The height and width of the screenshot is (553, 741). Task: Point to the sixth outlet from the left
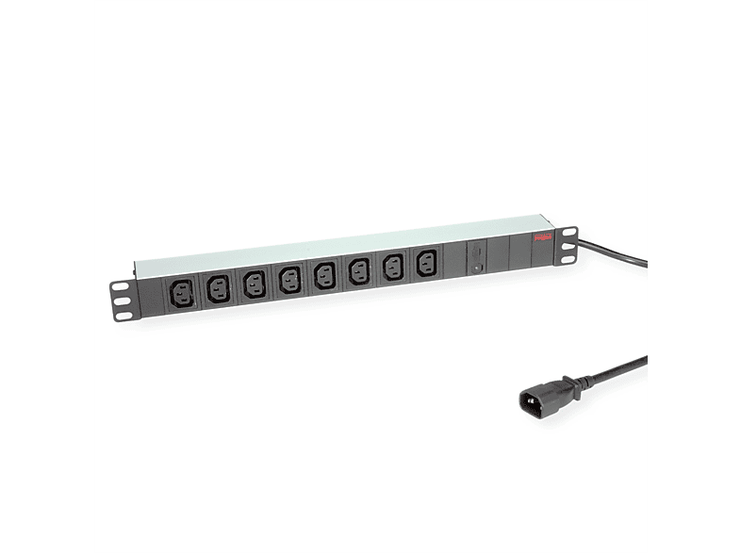pyautogui.click(x=358, y=270)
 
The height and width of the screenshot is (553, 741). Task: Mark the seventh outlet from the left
pyautogui.click(x=392, y=267)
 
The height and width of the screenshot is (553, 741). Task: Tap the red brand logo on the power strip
pyautogui.click(x=541, y=239)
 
